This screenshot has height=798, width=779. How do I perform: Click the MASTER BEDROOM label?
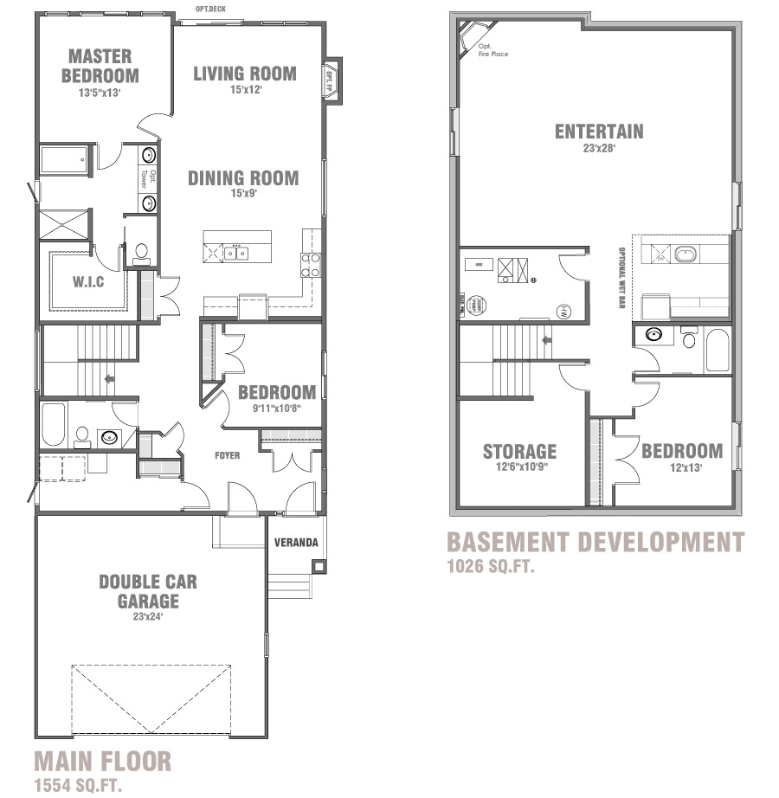(100, 66)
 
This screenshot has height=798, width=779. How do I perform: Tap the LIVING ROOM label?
(244, 74)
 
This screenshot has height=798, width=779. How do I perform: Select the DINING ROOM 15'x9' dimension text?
(243, 194)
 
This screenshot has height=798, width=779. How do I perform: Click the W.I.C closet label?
(88, 281)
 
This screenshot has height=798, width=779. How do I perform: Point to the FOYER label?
(228, 455)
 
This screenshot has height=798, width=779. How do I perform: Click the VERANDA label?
(296, 543)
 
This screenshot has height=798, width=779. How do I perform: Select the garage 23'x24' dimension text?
(147, 617)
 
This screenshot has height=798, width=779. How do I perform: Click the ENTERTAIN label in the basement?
(599, 132)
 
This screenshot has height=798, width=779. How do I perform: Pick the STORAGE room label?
(519, 451)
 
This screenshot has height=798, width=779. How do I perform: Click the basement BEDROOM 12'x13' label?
(681, 451)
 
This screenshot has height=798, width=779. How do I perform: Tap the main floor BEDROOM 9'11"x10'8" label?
(277, 392)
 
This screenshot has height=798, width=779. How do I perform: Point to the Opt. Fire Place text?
(493, 50)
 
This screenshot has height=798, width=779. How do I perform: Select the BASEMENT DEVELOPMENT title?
(595, 543)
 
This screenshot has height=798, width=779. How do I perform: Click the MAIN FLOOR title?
(102, 762)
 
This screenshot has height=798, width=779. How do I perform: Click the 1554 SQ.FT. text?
(77, 786)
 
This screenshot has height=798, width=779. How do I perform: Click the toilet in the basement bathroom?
(690, 338)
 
